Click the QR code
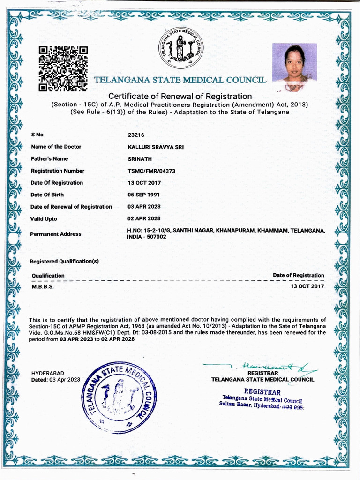63,68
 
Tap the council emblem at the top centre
180,47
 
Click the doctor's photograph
294,67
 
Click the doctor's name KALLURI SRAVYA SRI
156,147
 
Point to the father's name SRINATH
137,159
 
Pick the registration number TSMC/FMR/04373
151,171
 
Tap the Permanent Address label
56,234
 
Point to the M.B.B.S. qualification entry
43,286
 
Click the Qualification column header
48,275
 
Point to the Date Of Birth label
47,195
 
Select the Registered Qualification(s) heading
65,261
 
